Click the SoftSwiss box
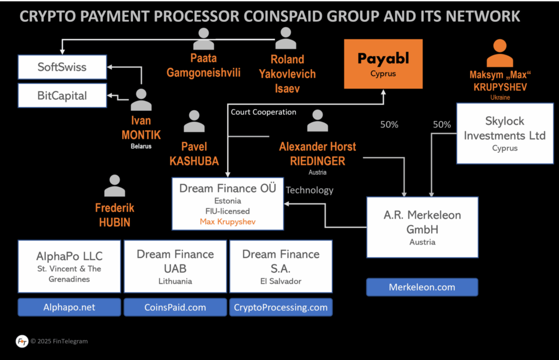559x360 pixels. [x=62, y=68]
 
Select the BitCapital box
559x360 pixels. [x=62, y=95]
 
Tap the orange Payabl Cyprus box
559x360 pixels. [x=383, y=64]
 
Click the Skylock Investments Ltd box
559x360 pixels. [x=504, y=134]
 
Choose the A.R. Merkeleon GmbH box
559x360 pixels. [x=423, y=227]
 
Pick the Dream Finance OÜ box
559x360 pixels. [x=228, y=203]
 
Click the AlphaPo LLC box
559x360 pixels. [x=69, y=267]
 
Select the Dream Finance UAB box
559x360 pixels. [x=175, y=267]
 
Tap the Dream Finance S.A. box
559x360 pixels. [x=281, y=267]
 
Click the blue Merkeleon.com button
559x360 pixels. [x=422, y=287]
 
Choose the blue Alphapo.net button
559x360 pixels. [x=69, y=307]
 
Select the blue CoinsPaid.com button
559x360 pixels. [x=175, y=307]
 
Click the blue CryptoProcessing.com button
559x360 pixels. [x=281, y=307]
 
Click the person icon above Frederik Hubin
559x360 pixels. [x=115, y=186]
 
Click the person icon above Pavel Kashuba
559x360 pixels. [x=194, y=121]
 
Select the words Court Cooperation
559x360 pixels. [x=264, y=112]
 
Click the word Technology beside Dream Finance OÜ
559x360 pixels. [x=310, y=190]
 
